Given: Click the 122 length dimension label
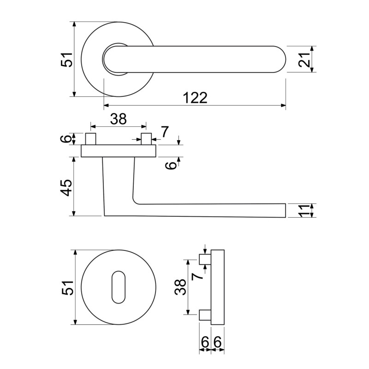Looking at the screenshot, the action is tap(195, 98).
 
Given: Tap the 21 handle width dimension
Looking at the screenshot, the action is tap(304, 60).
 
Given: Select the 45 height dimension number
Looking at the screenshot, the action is tap(66, 187).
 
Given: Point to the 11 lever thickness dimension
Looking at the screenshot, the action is tap(304, 211).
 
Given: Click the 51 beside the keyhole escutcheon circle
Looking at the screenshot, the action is tap(68, 287).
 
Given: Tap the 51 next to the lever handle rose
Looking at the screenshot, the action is tap(67, 60).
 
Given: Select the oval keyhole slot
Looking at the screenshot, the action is tap(119, 287).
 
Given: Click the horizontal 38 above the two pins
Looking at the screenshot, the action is tap(119, 119).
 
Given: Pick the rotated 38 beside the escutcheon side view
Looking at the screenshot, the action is tap(180, 287).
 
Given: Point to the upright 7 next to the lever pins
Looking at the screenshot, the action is tap(165, 132).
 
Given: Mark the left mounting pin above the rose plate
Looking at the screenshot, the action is tap(90, 139).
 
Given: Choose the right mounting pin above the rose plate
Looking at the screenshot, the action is tap(146, 139).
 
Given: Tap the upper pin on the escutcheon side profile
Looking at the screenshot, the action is tap(205, 259).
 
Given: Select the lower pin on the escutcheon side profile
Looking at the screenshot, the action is tap(205, 315).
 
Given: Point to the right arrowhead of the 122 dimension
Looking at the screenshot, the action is tap(283, 106).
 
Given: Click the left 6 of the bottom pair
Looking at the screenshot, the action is tap(205, 342).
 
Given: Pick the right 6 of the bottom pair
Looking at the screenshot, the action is tap(217, 342).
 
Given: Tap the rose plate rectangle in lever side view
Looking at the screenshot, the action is tap(119, 151).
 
